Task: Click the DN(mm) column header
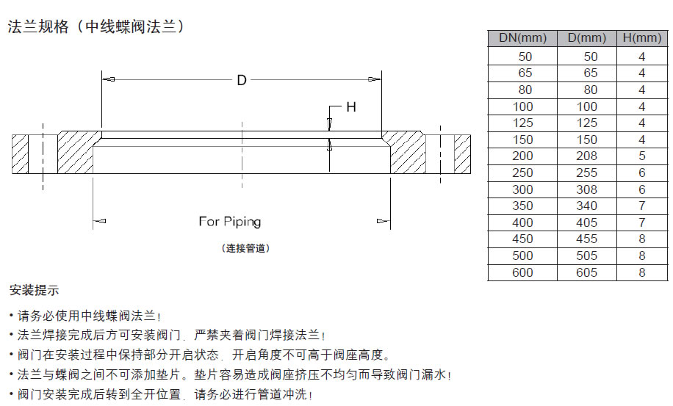[522, 39]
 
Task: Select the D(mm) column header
[587, 39]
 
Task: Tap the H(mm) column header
[642, 39]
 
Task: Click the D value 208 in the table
[587, 156]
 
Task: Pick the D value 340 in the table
[587, 206]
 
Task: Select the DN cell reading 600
[522, 272]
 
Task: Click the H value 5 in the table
[642, 156]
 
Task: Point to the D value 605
[587, 272]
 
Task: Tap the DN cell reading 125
[522, 123]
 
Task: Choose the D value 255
[587, 173]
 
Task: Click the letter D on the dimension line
[242, 80]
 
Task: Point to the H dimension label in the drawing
[351, 106]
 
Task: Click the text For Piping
[230, 222]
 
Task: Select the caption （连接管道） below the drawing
[245, 249]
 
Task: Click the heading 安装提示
[34, 290]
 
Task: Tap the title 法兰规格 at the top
[38, 26]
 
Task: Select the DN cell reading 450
[522, 239]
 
